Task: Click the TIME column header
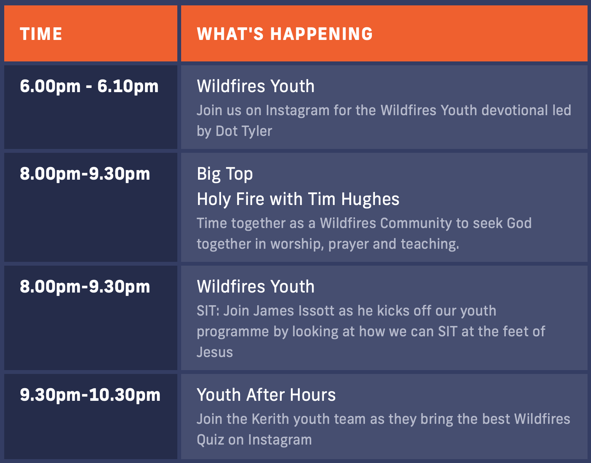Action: point(41,34)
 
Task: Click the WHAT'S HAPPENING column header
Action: point(285,34)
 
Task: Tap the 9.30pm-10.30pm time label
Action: point(90,395)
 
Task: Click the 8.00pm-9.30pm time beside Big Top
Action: point(85,174)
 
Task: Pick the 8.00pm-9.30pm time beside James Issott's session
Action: point(85,287)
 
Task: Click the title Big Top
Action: point(225,174)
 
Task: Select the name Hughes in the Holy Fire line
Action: point(370,199)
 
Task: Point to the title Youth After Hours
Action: point(266,395)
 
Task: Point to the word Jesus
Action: point(215,352)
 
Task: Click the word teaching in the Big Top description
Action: point(430,244)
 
